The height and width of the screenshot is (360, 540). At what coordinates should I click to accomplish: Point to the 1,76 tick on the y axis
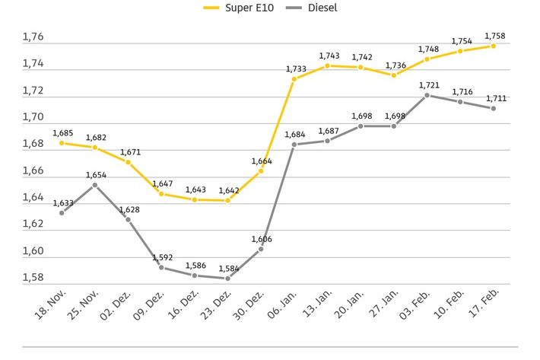pyautogui.click(x=33, y=37)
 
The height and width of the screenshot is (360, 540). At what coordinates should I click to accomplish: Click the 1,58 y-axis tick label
pyautogui.click(x=33, y=278)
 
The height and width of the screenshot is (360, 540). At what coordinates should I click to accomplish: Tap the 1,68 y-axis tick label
pyautogui.click(x=33, y=145)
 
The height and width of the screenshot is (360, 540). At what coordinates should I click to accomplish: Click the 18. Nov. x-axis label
pyautogui.click(x=48, y=312)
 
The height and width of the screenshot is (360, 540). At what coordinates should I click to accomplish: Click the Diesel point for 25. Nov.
pyautogui.click(x=94, y=185)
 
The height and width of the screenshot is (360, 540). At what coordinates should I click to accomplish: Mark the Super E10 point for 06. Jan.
pyautogui.click(x=294, y=78)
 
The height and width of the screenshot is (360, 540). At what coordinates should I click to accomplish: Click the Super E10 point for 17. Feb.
pyautogui.click(x=494, y=46)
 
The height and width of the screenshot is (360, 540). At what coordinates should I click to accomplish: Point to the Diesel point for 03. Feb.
pyautogui.click(x=427, y=95)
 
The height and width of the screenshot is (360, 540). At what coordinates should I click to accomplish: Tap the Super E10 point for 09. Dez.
pyautogui.click(x=161, y=193)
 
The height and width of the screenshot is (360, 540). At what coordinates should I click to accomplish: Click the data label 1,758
pyautogui.click(x=496, y=35)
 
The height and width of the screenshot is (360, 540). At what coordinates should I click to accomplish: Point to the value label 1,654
pyautogui.click(x=96, y=174)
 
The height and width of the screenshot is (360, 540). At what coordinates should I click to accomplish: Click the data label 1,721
pyautogui.click(x=429, y=84)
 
